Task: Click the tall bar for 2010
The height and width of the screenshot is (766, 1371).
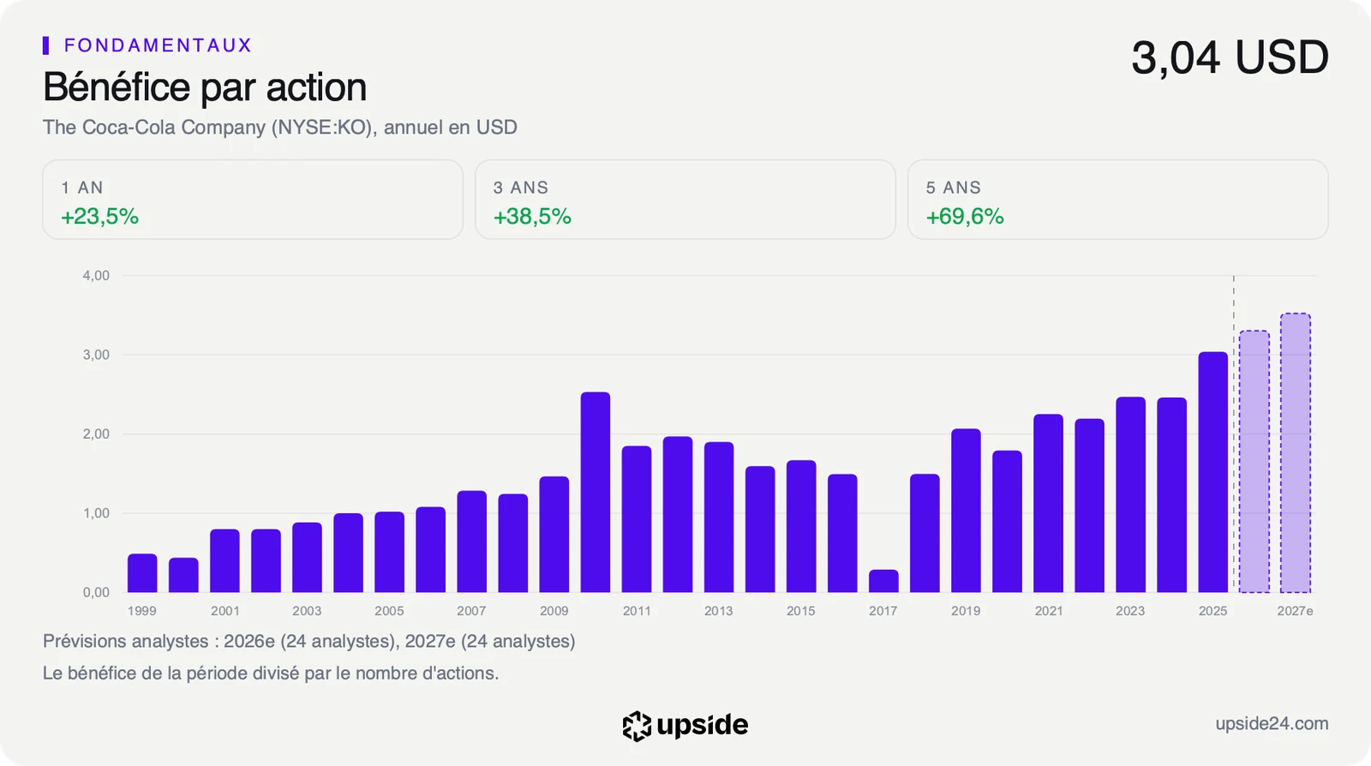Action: point(595,492)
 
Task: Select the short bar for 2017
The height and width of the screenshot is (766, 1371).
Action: point(883,581)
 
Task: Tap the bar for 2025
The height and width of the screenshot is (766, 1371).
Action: point(1213,472)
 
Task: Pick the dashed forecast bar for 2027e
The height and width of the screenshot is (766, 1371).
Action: point(1295,452)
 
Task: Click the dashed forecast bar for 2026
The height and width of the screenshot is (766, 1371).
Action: point(1254,461)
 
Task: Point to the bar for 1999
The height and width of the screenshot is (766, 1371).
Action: point(142,572)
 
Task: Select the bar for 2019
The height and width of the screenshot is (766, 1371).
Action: point(966,511)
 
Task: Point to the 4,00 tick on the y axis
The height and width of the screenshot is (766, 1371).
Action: point(96,275)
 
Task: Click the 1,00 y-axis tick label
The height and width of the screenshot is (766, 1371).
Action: point(96,512)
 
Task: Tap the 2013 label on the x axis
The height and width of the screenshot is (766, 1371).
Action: point(719,611)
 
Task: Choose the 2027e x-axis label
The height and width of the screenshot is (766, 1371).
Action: point(1295,611)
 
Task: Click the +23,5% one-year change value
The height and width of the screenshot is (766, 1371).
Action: point(99,217)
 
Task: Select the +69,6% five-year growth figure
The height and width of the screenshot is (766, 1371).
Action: point(965,217)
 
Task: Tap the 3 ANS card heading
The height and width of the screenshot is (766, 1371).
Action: point(521,188)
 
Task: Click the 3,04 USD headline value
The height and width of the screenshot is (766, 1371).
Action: point(1230,57)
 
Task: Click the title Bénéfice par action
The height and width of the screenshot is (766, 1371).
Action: point(205,87)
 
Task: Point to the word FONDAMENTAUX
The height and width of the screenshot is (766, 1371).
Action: point(158,45)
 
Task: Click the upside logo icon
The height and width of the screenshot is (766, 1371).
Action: point(637,727)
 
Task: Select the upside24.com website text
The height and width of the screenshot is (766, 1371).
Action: point(1272,723)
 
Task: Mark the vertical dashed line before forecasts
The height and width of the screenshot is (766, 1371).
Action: point(1234,434)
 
